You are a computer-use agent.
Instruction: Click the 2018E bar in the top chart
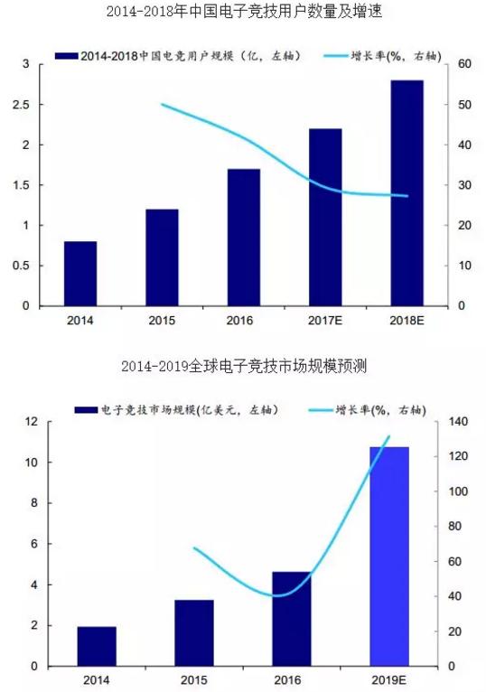407,193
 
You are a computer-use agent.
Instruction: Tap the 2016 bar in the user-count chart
243,237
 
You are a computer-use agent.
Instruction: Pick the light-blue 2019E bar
389,556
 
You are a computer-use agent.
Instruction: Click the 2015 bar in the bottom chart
194,632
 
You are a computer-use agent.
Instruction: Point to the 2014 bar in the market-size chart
97,646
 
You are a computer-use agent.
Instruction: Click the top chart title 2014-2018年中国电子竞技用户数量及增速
243,13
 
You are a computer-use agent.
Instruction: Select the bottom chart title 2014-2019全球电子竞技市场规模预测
243,367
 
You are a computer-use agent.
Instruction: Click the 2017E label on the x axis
325,320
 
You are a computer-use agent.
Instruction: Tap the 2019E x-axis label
389,679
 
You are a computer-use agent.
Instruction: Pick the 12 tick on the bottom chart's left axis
30,422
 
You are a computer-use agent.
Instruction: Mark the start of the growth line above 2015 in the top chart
162,105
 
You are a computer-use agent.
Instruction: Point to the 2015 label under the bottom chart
194,679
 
